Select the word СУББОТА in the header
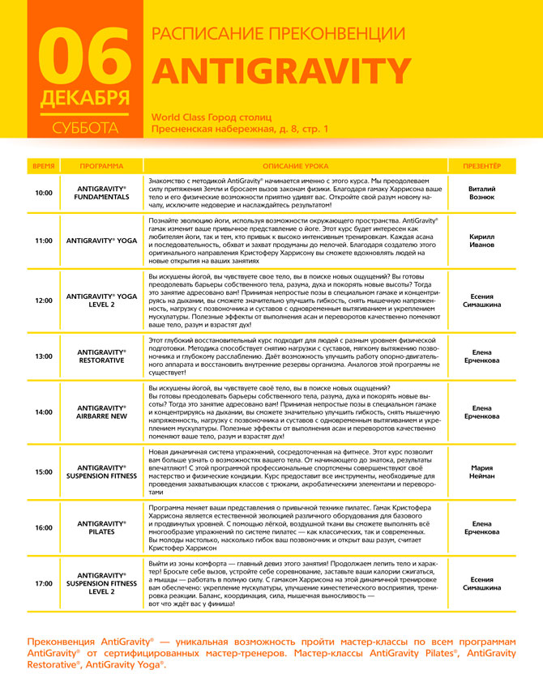tap(84, 128)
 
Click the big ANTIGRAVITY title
tap(282, 72)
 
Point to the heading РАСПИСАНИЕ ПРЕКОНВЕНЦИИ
tap(279, 33)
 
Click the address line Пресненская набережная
tap(241, 129)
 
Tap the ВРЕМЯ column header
tap(43, 165)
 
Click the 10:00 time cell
tap(43, 193)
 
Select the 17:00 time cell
tap(43, 582)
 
